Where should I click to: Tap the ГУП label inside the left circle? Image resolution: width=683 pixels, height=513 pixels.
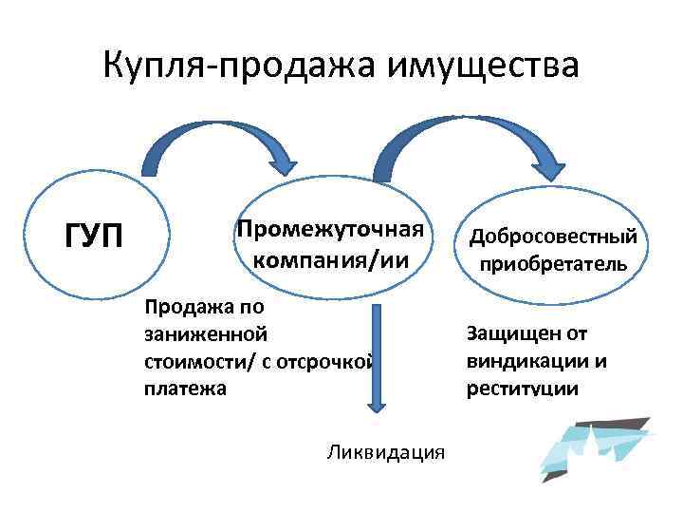click(93, 235)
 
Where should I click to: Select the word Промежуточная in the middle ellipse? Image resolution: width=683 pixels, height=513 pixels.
click(329, 230)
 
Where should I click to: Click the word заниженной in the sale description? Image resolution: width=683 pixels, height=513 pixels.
click(206, 334)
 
